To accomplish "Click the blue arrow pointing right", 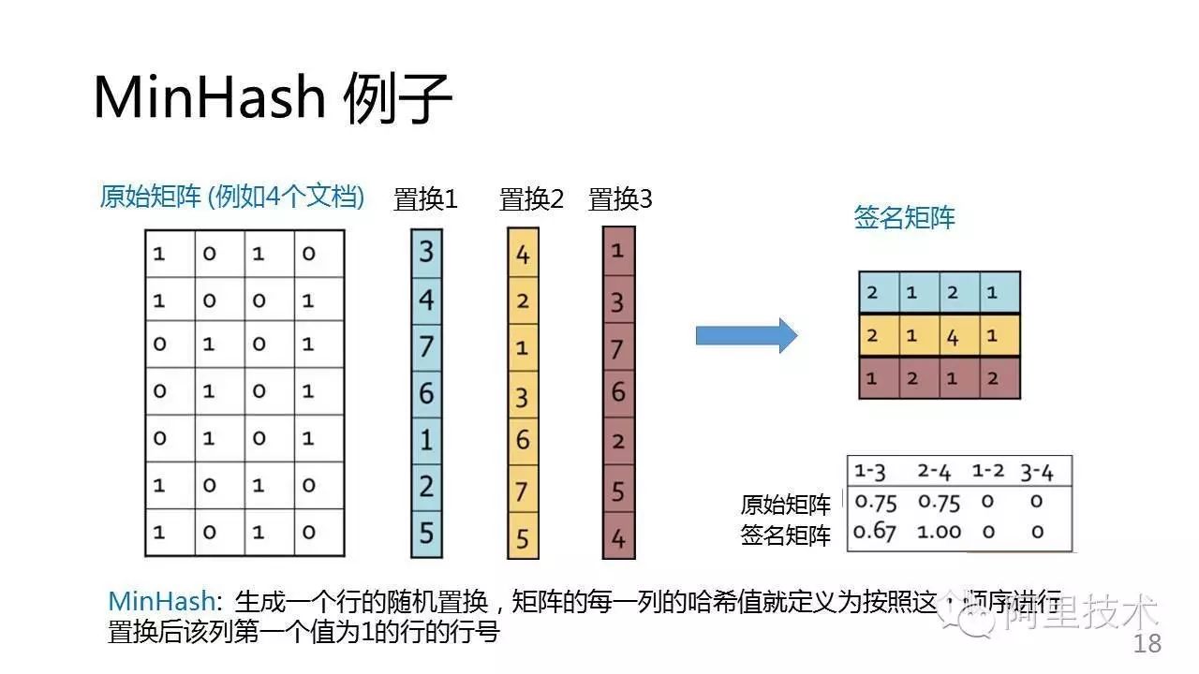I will (x=746, y=335).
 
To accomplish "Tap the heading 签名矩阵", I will (x=904, y=218).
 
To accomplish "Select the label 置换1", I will (x=425, y=199).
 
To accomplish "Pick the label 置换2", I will (x=531, y=199).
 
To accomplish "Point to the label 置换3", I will (x=620, y=199).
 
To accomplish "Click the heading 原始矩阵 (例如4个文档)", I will (x=231, y=197).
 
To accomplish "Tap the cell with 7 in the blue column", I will (x=426, y=346).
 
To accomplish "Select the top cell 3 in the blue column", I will (x=426, y=252).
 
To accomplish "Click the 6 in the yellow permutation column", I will (x=523, y=440).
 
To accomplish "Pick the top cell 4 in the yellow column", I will (x=523, y=254).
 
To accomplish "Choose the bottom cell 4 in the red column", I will (x=618, y=538).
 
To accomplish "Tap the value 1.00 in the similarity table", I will (x=940, y=532).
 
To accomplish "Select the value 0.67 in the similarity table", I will (x=876, y=532).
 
